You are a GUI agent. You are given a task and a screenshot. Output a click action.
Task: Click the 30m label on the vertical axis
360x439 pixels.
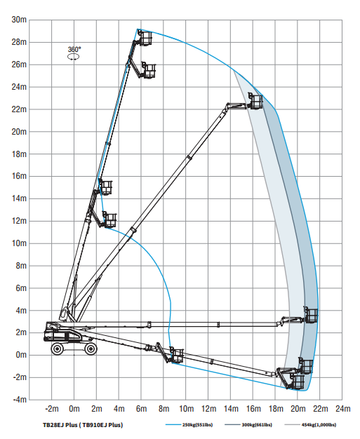coord(19,20)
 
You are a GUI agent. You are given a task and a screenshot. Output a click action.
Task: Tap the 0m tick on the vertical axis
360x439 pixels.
coord(21,355)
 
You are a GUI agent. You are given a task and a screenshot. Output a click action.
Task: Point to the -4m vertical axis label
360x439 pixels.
coord(20,400)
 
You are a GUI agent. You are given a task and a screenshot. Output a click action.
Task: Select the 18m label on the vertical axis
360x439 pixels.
coord(19,154)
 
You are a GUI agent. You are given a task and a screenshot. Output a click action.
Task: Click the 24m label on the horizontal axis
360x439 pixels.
coord(343,409)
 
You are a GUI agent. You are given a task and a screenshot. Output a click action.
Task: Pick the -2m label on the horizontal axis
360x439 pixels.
coord(52,409)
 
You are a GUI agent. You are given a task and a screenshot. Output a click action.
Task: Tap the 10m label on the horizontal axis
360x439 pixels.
coord(186,409)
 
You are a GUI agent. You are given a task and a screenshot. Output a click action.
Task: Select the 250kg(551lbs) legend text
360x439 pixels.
coord(197,425)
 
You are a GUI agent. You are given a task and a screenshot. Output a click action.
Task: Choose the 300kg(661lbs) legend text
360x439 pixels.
coord(257,425)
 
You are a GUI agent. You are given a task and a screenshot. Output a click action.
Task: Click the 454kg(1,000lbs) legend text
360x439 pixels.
coord(319,425)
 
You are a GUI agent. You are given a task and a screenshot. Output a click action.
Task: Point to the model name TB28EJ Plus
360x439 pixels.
coord(60,425)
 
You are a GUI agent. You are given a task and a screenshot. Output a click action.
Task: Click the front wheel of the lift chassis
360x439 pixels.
coord(91,349)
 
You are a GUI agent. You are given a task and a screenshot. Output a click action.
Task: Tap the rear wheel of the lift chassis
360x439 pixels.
coord(58,349)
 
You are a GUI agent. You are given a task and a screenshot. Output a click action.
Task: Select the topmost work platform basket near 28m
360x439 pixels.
coord(145,38)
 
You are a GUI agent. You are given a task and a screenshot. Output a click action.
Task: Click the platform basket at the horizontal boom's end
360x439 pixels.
coord(312,315)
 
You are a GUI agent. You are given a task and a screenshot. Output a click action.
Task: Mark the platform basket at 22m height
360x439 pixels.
coord(255,101)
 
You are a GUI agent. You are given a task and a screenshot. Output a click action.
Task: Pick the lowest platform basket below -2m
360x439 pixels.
coord(298,382)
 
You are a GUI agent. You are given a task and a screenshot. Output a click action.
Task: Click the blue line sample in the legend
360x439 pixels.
coord(173,425)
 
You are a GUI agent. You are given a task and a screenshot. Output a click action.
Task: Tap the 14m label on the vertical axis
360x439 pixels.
coord(19,198)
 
